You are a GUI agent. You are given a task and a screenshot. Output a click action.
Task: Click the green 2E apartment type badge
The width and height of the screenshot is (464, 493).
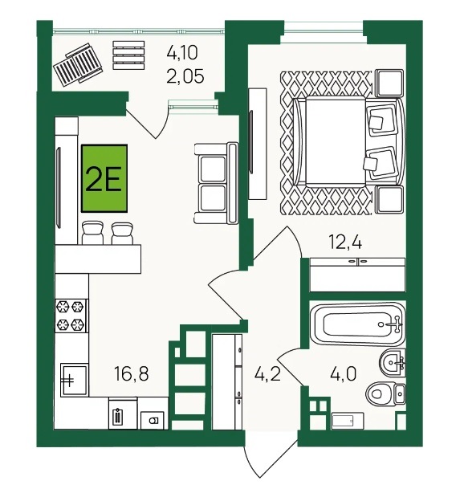pos(104,178)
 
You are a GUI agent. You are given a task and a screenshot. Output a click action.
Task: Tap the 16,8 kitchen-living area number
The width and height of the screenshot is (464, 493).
pos(131,374)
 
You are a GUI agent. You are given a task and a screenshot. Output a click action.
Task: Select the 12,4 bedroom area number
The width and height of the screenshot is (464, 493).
pos(345,242)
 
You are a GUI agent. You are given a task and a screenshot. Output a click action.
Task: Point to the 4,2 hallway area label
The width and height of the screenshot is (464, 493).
pos(268,374)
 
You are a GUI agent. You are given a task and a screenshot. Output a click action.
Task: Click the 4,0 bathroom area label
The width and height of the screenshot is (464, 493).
pos(343,374)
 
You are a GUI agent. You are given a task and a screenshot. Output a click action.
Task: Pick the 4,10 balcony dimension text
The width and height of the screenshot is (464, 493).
pos(182,52)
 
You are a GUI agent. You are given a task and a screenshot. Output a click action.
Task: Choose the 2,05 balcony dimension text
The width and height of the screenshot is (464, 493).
pos(185,76)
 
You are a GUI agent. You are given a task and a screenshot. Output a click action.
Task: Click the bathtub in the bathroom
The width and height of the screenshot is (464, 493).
pos(356,324)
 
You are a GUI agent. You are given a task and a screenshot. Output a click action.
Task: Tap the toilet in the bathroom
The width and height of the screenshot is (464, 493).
pos(385,393)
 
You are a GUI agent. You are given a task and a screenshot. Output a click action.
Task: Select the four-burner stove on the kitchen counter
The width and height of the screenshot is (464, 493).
pos(71,316)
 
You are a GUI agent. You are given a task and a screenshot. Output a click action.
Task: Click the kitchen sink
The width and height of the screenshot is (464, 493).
pos(74,379)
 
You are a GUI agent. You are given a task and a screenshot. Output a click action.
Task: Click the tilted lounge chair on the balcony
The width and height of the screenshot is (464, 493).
pos(78,63)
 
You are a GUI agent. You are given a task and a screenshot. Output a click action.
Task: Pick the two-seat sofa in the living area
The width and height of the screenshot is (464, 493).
pos(216,183)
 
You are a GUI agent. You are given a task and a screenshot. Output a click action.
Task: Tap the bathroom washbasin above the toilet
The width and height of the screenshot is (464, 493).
pos(393,362)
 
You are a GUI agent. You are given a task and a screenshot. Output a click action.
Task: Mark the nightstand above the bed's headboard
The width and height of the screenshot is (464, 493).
pos(390,83)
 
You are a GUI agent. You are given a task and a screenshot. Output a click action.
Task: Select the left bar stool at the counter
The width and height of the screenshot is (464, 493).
pos(92,233)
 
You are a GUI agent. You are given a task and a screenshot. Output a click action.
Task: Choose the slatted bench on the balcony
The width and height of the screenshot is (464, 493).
pos(128,55)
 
